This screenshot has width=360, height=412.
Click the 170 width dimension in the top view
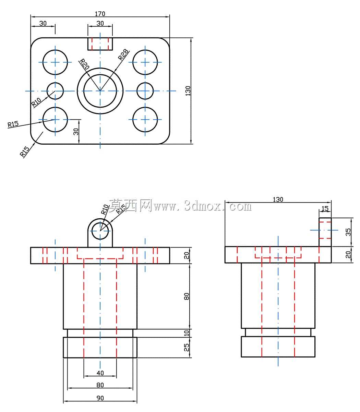click(100, 14)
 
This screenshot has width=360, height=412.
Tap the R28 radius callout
click(123, 54)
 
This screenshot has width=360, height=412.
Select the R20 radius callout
click(84, 64)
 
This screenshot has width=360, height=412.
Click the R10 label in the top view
click(36, 102)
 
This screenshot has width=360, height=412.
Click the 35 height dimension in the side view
click(348, 232)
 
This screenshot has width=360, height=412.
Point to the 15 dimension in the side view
click(325, 208)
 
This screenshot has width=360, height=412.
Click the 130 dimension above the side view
click(278, 199)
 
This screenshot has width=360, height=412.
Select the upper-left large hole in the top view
click(55, 62)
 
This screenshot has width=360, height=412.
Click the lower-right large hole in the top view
click(145, 120)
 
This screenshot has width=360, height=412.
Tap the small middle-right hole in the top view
click(145, 91)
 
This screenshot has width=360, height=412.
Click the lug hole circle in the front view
click(100, 231)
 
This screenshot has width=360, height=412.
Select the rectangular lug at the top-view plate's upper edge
click(100, 44)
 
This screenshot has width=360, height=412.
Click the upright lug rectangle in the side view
click(325, 232)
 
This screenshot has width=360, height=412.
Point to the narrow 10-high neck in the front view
click(100, 333)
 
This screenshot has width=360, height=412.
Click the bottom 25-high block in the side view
click(278, 347)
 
